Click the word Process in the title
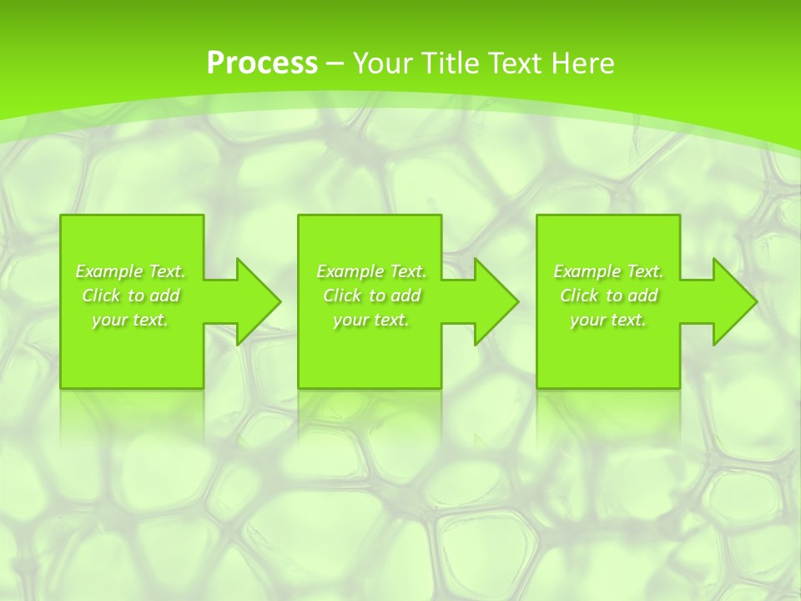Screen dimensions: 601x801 pyautogui.click(x=262, y=63)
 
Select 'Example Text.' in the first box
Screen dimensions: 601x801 pyautogui.click(x=130, y=271)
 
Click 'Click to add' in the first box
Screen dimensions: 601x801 pyautogui.click(x=130, y=295)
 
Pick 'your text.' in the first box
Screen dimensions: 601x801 pyautogui.click(x=130, y=320)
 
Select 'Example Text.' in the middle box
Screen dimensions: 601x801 pyautogui.click(x=371, y=271)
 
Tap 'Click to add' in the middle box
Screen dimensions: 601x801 pyautogui.click(x=371, y=295)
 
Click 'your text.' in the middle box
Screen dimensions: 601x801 pyautogui.click(x=371, y=320)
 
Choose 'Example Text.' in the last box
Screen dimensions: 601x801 pyautogui.click(x=608, y=271)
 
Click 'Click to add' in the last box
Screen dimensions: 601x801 pyautogui.click(x=608, y=295)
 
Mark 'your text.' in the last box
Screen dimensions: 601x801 pyautogui.click(x=608, y=320)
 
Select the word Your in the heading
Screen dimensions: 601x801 pyautogui.click(x=381, y=63)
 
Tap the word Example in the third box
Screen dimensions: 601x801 pyautogui.click(x=587, y=271)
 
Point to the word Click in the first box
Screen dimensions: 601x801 pyautogui.click(x=100, y=295)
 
